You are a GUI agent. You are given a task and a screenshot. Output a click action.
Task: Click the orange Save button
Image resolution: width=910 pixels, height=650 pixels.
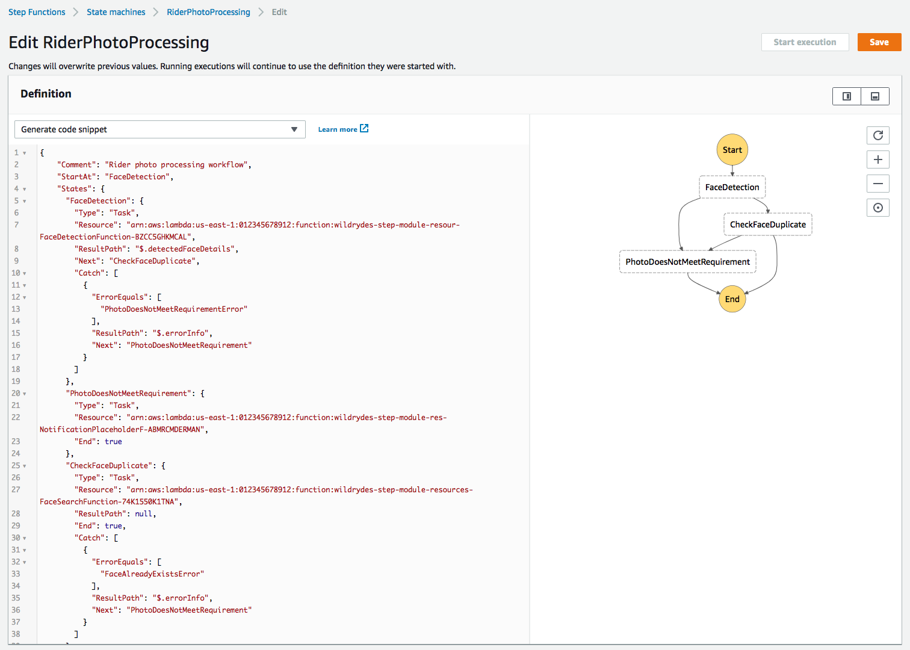tap(879, 42)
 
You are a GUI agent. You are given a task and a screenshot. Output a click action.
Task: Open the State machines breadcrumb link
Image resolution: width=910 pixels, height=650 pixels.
tap(116, 12)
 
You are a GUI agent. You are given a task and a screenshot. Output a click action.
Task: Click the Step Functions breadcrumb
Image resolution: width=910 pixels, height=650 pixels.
tap(37, 12)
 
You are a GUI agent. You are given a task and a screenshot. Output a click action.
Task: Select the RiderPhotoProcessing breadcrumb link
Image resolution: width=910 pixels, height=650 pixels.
tap(208, 12)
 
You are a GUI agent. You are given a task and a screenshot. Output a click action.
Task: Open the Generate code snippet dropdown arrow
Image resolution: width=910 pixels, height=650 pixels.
tap(294, 129)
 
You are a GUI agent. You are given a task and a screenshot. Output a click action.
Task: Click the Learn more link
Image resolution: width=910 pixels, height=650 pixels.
tap(343, 129)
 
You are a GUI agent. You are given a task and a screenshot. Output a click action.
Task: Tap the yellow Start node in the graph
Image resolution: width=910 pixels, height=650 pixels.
tap(732, 150)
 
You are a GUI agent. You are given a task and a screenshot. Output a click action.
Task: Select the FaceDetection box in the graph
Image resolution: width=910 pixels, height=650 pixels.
tap(732, 187)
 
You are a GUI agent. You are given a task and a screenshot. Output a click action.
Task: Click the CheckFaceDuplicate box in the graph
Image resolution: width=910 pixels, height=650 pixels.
tap(768, 224)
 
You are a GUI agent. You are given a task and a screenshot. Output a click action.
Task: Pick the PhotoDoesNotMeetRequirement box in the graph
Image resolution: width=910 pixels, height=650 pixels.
tap(687, 262)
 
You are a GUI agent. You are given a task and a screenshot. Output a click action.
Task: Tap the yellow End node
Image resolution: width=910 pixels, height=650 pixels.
tap(732, 299)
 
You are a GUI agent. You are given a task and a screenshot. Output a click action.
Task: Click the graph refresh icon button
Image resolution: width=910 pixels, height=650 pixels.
tap(878, 135)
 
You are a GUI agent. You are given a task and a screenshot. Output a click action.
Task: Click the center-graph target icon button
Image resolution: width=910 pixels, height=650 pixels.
tap(878, 208)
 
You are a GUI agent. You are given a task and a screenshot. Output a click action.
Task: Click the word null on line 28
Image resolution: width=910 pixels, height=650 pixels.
tap(143, 514)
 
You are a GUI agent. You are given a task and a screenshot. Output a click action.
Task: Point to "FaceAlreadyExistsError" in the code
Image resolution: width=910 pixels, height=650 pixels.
tap(152, 574)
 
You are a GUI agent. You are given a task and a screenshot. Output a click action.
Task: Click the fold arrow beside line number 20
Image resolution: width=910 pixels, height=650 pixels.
tap(25, 394)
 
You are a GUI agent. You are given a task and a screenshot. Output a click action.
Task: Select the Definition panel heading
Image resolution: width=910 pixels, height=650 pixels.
tap(46, 94)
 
